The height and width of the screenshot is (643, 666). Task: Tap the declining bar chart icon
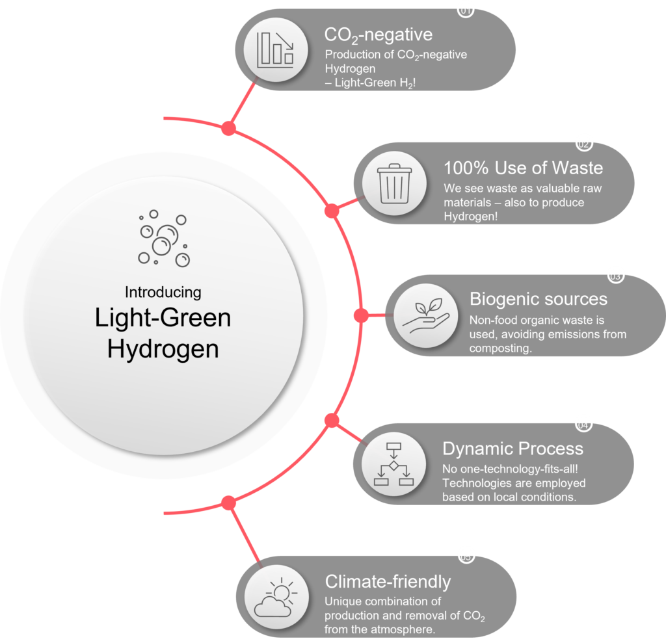tap(276, 49)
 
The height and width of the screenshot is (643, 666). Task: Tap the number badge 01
tap(466, 10)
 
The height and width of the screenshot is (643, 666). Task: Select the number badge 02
tap(584, 144)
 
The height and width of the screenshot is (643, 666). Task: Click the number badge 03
tap(615, 276)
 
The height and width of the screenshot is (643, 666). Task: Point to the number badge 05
tap(466, 557)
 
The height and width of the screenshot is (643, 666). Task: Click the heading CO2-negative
tap(378, 34)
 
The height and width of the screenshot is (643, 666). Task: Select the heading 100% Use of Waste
tap(523, 168)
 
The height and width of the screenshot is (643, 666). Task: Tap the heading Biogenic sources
tap(539, 299)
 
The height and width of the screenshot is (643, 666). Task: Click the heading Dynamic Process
tap(513, 449)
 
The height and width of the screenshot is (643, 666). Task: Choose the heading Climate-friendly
tap(388, 581)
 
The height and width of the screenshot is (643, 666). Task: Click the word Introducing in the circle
tap(163, 291)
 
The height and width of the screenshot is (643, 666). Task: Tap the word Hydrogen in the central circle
tap(163, 348)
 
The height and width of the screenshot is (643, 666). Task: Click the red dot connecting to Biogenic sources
tap(360, 315)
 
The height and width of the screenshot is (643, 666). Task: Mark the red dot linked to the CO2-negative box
tap(228, 128)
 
